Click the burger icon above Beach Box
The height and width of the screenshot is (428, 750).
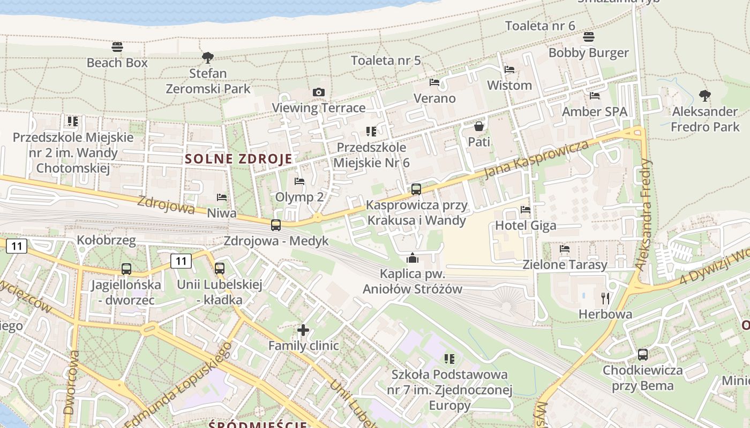(117, 47)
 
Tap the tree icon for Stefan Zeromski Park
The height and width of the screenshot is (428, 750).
(207, 57)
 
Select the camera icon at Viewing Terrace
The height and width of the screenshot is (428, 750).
(319, 92)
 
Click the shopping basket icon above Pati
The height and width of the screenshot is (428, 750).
(478, 126)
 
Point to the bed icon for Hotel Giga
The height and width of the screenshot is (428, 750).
(525, 210)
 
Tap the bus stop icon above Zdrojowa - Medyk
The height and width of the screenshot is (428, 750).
(276, 225)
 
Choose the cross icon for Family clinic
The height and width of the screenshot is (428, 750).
(303, 330)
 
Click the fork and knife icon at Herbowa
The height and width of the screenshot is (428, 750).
(605, 298)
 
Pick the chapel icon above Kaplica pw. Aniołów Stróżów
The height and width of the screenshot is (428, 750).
(412, 258)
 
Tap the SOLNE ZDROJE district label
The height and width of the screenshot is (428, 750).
(239, 159)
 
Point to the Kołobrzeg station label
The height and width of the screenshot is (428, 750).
(106, 240)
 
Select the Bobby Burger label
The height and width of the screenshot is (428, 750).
(588, 53)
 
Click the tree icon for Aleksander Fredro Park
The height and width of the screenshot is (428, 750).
(705, 96)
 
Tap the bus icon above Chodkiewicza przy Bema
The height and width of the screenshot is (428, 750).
(643, 354)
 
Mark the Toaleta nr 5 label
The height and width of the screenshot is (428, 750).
(386, 60)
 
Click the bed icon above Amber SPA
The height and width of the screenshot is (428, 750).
(594, 96)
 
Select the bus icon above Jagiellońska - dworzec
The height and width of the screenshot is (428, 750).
(126, 269)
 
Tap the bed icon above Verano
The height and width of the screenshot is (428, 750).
(434, 82)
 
